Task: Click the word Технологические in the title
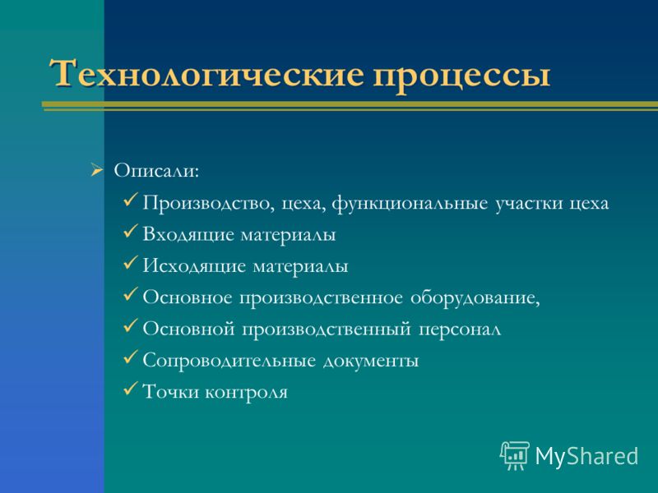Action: (x=206, y=73)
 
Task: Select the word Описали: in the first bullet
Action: (x=156, y=171)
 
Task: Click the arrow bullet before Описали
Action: (x=96, y=171)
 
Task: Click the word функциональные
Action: (x=410, y=204)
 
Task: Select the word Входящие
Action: (x=188, y=235)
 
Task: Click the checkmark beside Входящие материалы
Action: (x=131, y=231)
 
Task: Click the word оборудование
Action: (x=475, y=298)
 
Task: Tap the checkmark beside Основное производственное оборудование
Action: (x=131, y=294)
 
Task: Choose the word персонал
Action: (x=460, y=330)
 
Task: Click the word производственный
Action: (x=326, y=330)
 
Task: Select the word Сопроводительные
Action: (x=229, y=361)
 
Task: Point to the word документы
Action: (x=371, y=362)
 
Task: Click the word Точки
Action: (x=169, y=393)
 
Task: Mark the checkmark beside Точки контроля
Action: (x=131, y=388)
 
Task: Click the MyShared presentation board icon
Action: (x=515, y=455)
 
